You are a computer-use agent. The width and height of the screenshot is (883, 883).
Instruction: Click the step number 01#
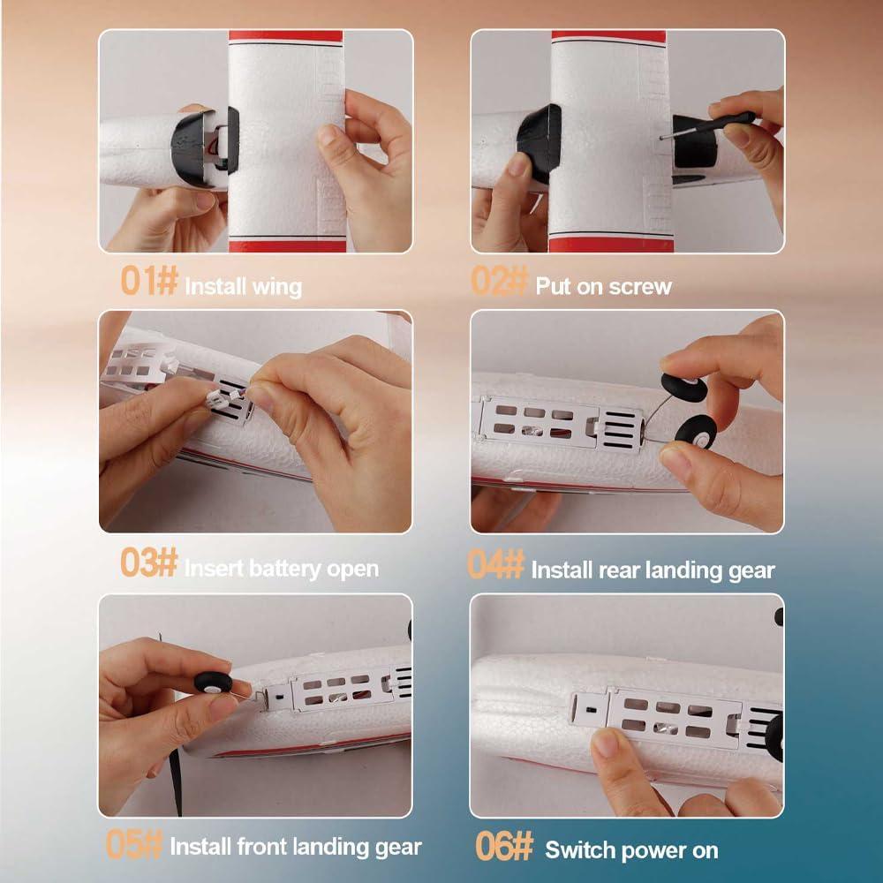pos(149,280)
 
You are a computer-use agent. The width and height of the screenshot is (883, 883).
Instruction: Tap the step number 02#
pos(500,280)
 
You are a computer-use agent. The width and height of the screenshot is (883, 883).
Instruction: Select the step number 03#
pos(149,562)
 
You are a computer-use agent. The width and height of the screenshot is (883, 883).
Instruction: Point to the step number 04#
pos(496,563)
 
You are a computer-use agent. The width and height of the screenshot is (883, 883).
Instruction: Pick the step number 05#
pos(134,844)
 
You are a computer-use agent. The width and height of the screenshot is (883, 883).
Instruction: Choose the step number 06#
pos(504,846)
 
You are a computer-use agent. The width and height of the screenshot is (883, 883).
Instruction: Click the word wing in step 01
pos(277,287)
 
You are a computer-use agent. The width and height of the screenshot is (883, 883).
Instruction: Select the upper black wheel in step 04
pos(683,387)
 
